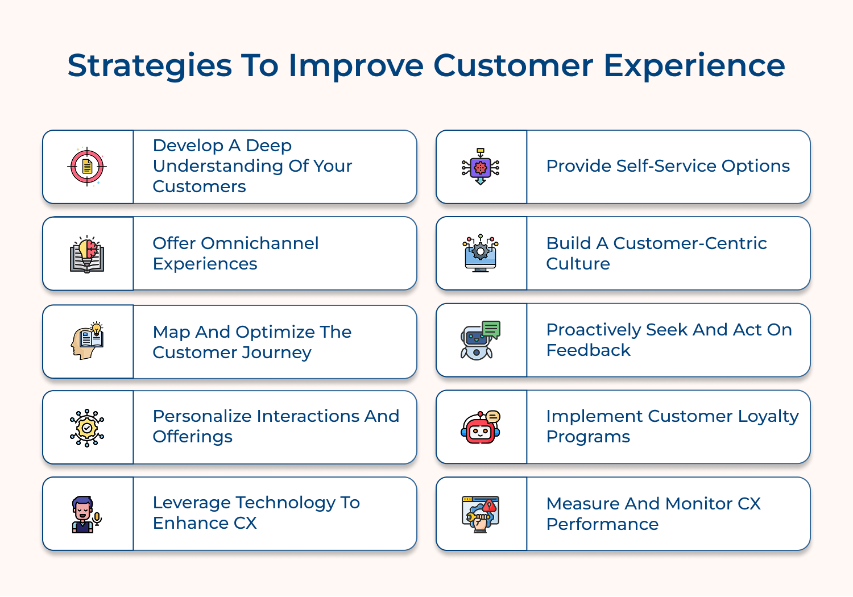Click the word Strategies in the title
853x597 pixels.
(x=150, y=65)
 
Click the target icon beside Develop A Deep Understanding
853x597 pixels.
(x=87, y=167)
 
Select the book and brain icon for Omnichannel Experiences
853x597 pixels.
(x=87, y=254)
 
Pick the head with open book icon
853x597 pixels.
(x=87, y=341)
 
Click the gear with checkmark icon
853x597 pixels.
(x=87, y=428)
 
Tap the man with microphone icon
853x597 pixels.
(x=86, y=514)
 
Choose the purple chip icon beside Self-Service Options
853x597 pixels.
(x=481, y=167)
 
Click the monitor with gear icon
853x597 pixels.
(x=481, y=254)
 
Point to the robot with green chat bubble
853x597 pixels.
(x=481, y=340)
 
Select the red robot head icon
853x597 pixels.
(x=481, y=428)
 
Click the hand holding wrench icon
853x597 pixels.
(x=481, y=514)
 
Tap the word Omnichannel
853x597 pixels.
(x=259, y=243)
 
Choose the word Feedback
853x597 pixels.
(x=588, y=350)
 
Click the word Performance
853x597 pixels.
(x=602, y=524)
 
